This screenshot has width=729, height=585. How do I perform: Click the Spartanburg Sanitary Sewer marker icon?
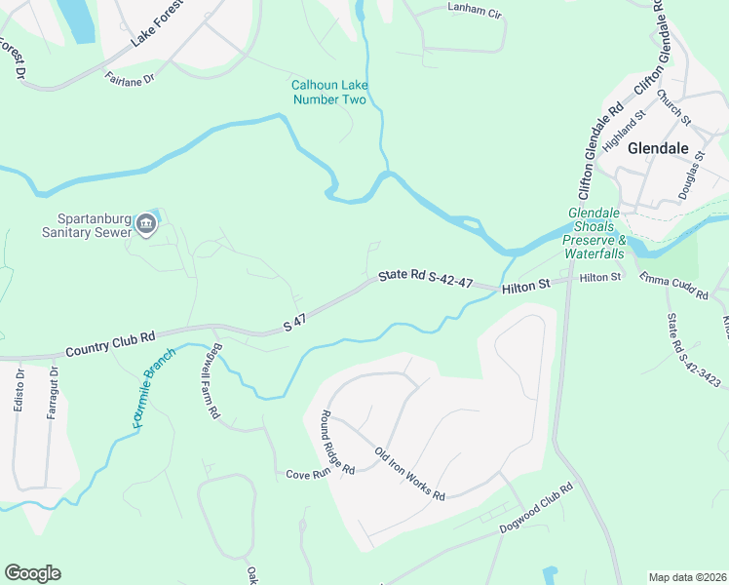[x=146, y=223]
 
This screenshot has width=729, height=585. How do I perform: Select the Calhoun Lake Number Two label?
[x=328, y=93]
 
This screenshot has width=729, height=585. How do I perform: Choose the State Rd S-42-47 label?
[x=426, y=279]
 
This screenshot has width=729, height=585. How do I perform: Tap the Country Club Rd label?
[x=110, y=343]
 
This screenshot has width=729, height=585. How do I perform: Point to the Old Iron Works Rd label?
[x=410, y=473]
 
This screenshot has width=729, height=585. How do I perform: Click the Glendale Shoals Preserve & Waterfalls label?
[x=595, y=234]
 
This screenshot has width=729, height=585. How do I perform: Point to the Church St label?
[x=672, y=107]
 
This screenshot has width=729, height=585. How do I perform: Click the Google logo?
[x=32, y=573]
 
